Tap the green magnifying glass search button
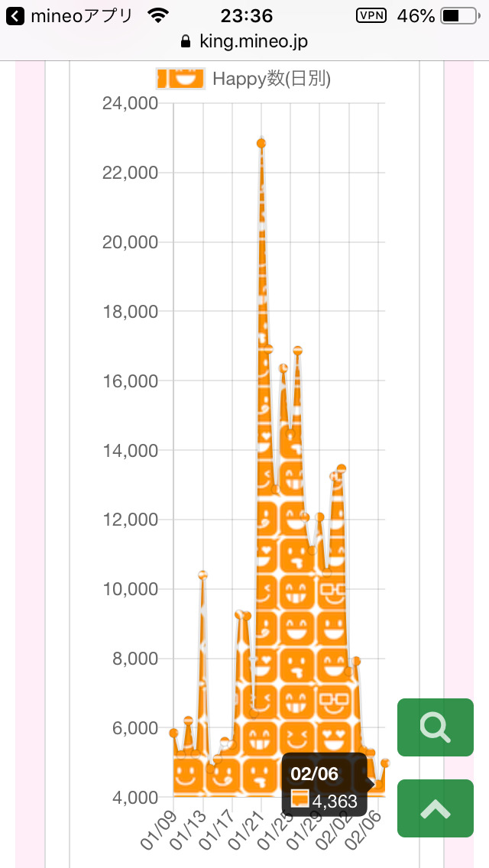point(436,727)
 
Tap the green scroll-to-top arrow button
point(436,808)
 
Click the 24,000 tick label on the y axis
point(130,103)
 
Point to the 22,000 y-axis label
point(130,173)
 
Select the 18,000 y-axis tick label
point(130,312)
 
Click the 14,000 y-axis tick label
point(130,451)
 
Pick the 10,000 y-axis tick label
point(130,589)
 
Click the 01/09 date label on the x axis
point(158,832)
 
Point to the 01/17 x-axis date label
point(217,832)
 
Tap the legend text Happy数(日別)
point(271,79)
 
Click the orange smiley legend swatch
point(180,78)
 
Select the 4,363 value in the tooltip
point(335,802)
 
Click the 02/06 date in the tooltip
point(314,774)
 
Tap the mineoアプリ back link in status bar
point(70,16)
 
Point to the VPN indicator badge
point(371,16)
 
